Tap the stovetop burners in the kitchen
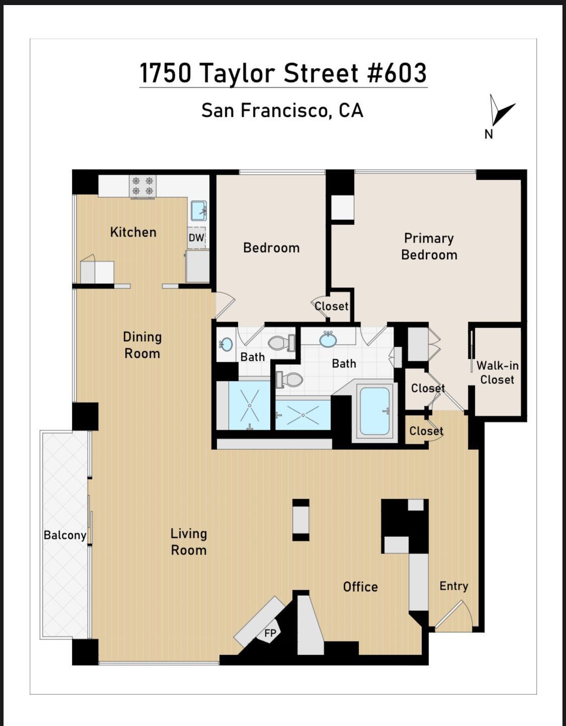143,186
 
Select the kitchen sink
199,210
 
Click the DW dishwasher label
196,237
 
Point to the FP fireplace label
270,633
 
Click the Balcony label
65,535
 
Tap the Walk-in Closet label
497,372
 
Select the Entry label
454,586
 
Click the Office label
361,587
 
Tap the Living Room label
189,542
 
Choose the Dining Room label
142,345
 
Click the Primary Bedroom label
429,247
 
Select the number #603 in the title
397,73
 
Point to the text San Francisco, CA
282,111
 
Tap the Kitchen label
133,232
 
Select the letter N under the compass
489,134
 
